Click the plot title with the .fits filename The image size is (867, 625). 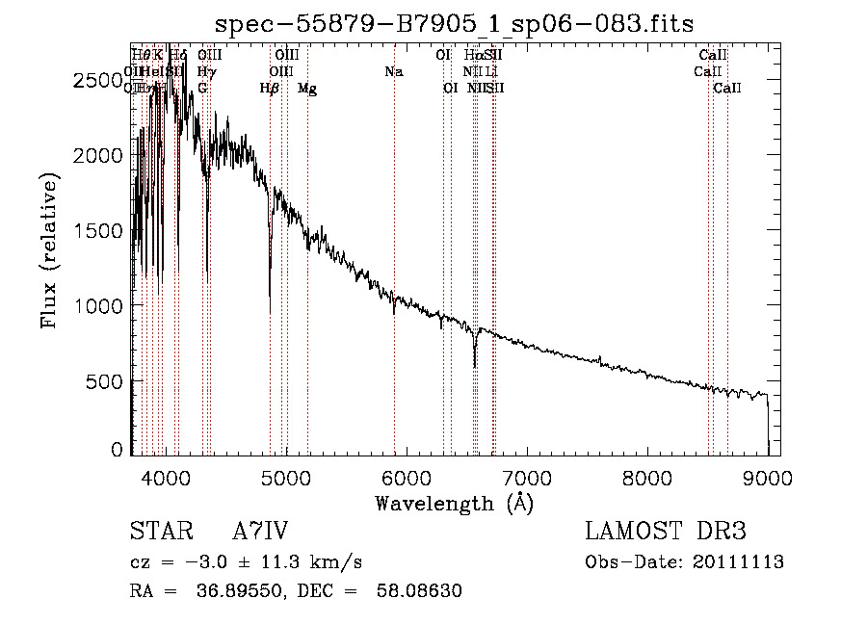point(454,22)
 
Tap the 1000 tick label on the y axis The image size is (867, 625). point(100,306)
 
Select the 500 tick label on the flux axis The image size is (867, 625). point(107,381)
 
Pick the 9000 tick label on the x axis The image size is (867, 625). point(768,477)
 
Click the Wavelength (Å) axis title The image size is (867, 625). point(454,503)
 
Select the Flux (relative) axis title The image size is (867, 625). point(49,250)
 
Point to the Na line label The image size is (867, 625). point(393,72)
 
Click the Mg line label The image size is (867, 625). point(307,89)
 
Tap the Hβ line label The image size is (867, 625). point(270,89)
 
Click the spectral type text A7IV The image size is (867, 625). point(260,533)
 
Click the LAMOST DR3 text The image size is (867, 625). point(666,533)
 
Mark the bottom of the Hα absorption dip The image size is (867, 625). point(475,367)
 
